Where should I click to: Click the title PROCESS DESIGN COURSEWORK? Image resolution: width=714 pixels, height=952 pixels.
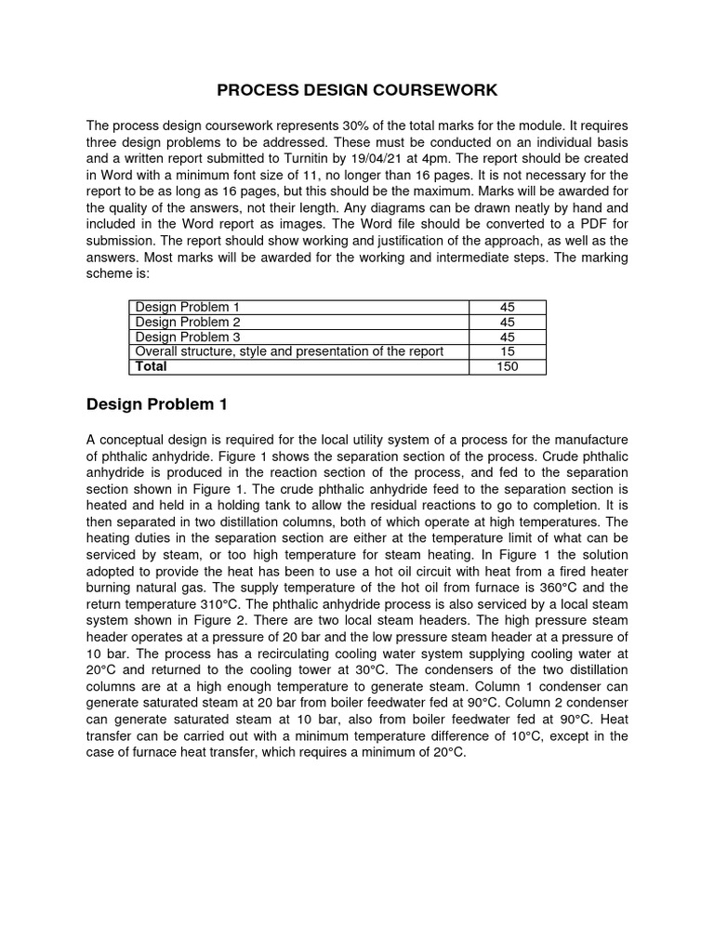pos(357,90)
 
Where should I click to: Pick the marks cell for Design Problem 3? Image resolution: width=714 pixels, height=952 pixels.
pos(507,337)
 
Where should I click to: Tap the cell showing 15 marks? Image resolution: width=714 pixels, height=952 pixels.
pos(507,351)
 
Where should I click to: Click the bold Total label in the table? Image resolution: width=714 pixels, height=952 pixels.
pos(152,366)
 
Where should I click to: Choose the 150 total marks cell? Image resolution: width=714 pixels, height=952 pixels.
pos(507,366)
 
